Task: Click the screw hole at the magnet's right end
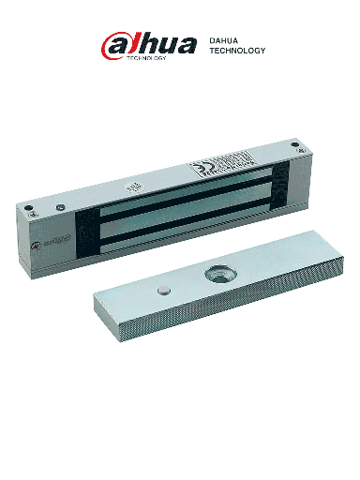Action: coord(296,145)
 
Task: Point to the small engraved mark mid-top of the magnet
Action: coord(134,187)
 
